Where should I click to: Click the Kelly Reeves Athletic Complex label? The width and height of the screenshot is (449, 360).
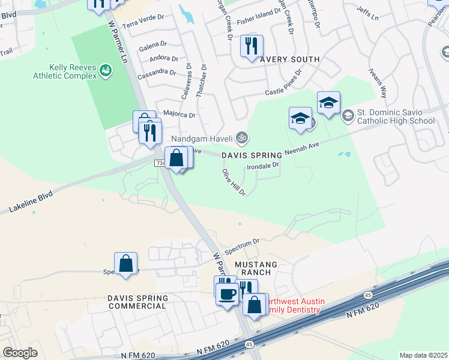pos(65,72)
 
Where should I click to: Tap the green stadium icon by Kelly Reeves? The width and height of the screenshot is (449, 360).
pos(106,71)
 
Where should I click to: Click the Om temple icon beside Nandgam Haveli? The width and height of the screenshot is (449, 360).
pos(242,137)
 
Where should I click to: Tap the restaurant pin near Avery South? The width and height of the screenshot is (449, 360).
pos(252,46)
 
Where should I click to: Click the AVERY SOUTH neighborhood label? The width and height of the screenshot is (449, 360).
pos(290,59)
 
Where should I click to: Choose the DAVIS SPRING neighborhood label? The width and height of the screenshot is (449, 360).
pos(252,155)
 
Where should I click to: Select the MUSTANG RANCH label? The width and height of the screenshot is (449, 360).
pos(256,268)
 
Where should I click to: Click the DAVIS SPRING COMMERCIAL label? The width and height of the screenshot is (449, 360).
pos(137,302)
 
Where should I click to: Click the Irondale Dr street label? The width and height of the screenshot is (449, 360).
pos(264,166)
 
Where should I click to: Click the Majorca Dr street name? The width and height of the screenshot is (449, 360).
pos(179,114)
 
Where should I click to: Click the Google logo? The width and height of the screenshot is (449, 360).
pos(20,353)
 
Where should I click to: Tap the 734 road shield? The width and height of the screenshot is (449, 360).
pos(160,163)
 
